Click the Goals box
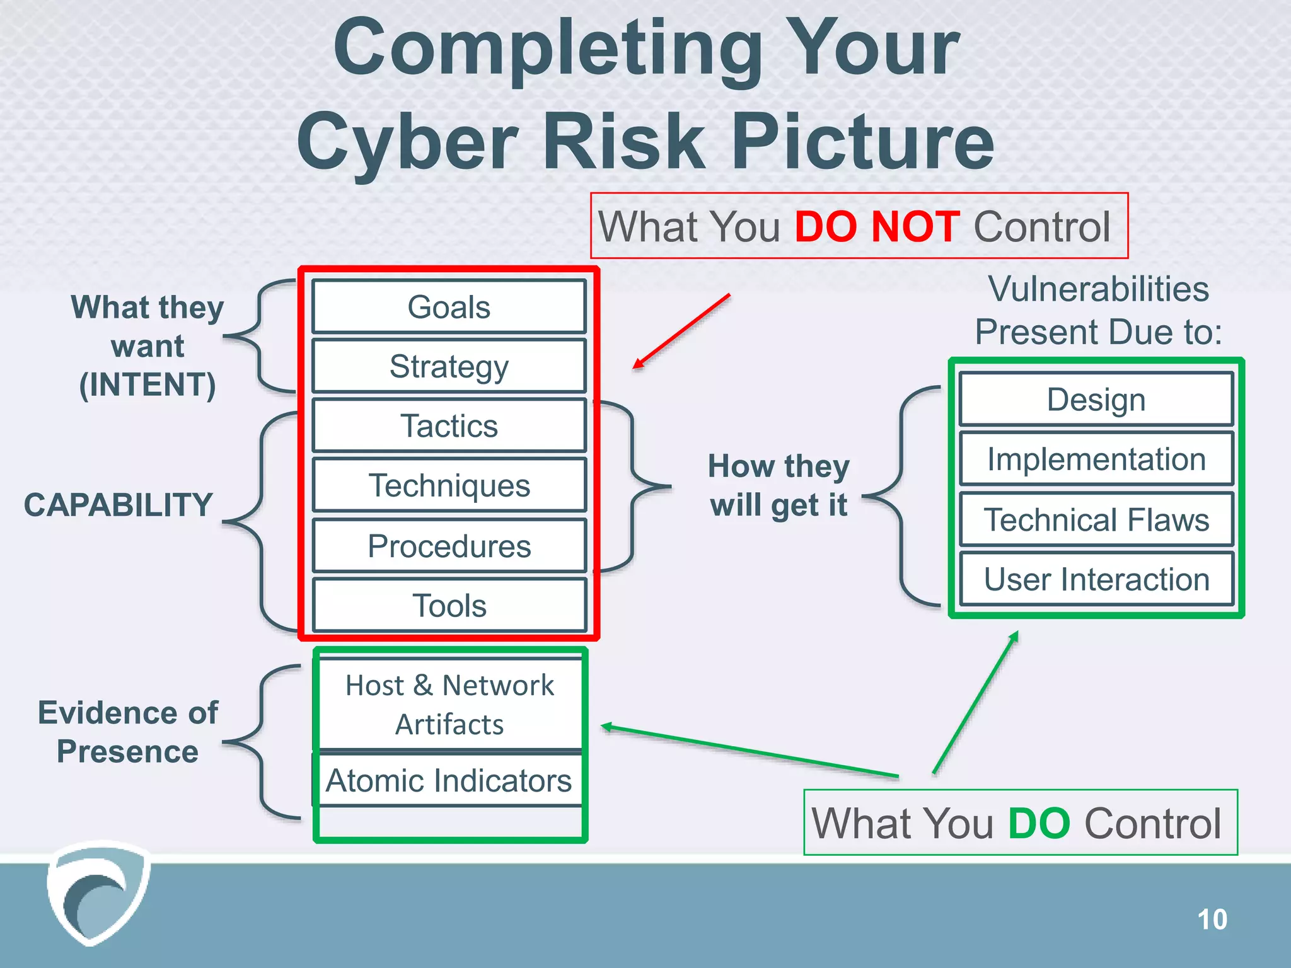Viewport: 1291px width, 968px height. [x=449, y=307]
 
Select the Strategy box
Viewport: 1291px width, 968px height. [x=449, y=366]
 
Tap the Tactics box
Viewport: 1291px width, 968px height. [x=449, y=425]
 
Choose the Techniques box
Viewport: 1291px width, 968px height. [x=449, y=485]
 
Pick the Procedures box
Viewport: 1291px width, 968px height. [x=449, y=546]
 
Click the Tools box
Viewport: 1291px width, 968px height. [x=449, y=605]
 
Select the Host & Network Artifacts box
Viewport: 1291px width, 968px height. [x=449, y=705]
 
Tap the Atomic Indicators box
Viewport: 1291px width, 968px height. [x=448, y=780]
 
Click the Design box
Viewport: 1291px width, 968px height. [x=1096, y=400]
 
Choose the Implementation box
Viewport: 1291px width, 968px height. [x=1096, y=459]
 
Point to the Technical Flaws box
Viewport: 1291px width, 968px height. [x=1096, y=519]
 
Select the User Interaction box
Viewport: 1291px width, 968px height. [x=1096, y=579]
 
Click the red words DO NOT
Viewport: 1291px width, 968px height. [x=877, y=227]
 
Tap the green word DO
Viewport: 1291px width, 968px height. [x=1039, y=823]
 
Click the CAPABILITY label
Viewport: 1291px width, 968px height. [x=119, y=505]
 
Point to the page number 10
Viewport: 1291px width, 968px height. [x=1212, y=919]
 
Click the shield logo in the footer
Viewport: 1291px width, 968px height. [x=98, y=892]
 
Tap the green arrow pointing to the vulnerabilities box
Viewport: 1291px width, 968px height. [x=975, y=703]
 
